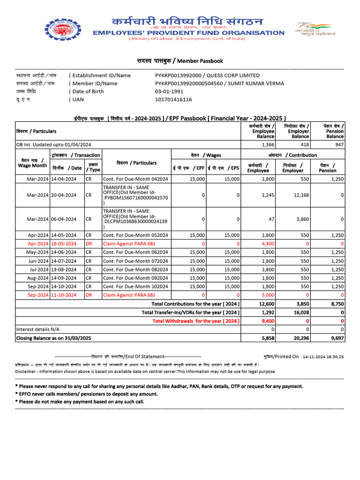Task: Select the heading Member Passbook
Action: pyautogui.click(x=180, y=61)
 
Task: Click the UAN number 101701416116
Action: pyautogui.click(x=173, y=99)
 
